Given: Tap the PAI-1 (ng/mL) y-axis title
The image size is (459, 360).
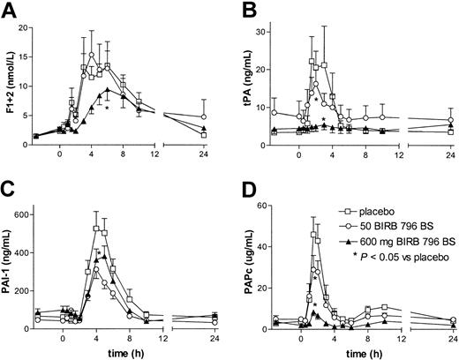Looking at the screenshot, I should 11,265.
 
